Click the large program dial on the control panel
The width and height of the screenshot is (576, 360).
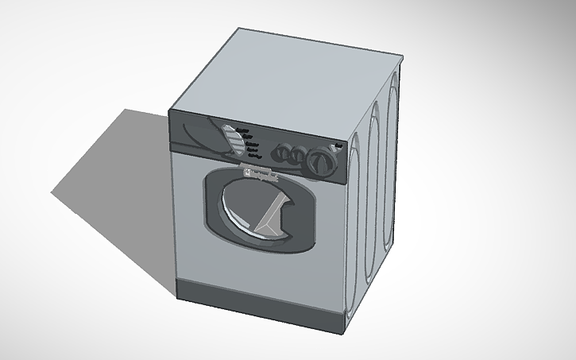[319, 162]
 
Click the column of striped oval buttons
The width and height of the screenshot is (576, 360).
[232, 141]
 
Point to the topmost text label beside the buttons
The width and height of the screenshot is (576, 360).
[243, 130]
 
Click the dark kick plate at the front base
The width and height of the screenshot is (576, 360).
[254, 303]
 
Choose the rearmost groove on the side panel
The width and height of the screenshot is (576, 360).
[389, 159]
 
